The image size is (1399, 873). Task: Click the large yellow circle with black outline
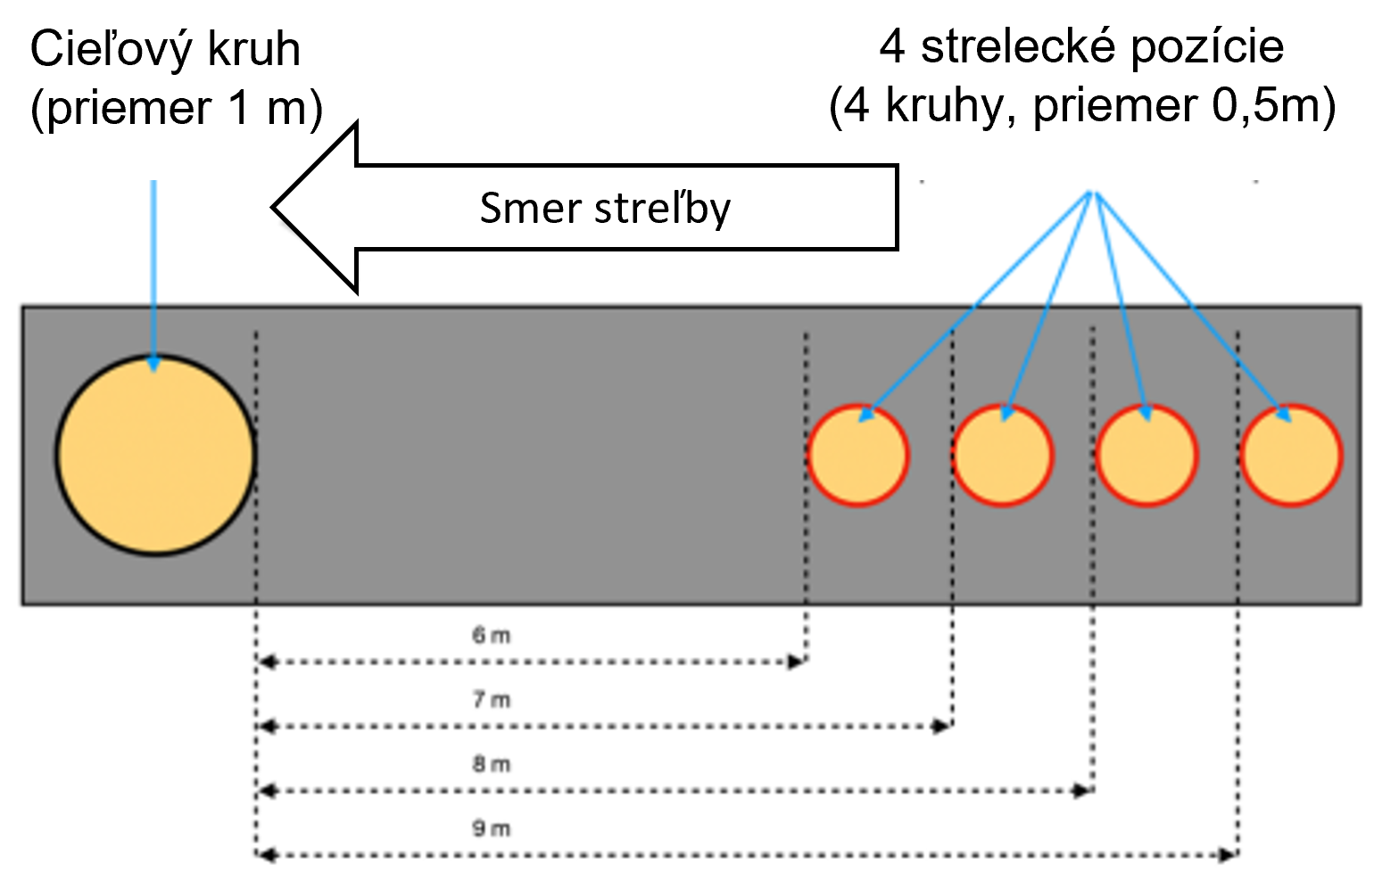(156, 455)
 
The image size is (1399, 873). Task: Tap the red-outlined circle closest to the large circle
(858, 455)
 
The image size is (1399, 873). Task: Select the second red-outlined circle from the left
(1003, 455)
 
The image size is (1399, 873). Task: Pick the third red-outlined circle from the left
(1147, 455)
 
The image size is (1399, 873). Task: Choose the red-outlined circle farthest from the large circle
(1291, 455)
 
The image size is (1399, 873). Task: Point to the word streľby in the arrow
(662, 209)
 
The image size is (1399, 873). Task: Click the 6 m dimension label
(492, 636)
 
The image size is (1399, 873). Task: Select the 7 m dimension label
(492, 700)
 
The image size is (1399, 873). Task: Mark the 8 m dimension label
(492, 764)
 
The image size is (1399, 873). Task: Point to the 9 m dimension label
(492, 828)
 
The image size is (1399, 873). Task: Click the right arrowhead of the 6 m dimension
(797, 662)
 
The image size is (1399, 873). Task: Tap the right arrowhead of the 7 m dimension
(941, 726)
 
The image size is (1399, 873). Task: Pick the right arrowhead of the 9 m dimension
(1228, 855)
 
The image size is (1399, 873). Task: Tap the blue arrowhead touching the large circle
(153, 364)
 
